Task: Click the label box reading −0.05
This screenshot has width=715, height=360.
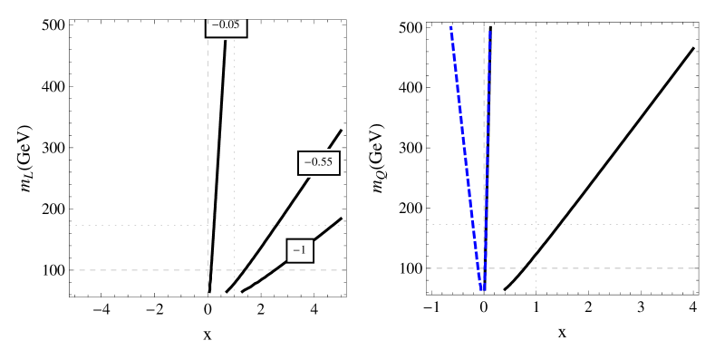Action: coord(226,26)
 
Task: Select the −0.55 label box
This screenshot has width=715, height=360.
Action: coord(319,163)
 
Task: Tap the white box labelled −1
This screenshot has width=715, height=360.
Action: coord(300,250)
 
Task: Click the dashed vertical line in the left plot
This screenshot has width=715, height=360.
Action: coord(208,136)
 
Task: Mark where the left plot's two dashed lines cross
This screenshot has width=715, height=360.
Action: coord(208,270)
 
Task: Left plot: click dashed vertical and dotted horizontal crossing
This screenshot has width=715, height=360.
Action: coord(208,225)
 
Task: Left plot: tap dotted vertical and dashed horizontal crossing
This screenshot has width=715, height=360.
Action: coord(234,270)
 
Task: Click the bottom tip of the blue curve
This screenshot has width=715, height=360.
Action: coord(483,292)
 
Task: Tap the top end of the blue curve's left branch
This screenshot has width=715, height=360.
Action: coord(450,27)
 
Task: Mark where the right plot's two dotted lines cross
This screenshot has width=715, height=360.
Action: coord(536,224)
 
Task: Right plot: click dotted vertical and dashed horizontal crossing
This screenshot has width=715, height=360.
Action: coord(536,268)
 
